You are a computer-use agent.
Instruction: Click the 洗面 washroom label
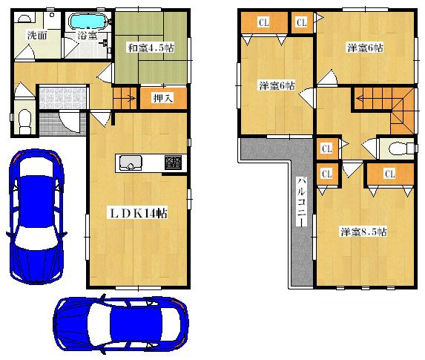[36, 35]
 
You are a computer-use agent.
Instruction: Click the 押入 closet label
[162, 98]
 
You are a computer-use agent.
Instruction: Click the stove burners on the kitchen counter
[174, 162]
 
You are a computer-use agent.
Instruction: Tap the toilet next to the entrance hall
[24, 120]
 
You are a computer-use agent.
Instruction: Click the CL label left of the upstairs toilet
[326, 148]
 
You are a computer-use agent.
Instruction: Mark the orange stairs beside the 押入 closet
[125, 96]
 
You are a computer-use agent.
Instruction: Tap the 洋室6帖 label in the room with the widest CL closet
[276, 84]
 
